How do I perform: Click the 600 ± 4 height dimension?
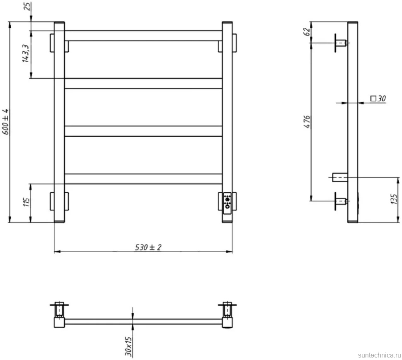[6, 122]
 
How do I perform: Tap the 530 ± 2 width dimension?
[148, 247]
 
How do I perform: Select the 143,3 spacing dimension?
[25, 53]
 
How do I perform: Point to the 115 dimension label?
[27, 202]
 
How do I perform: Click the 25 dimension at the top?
[27, 6]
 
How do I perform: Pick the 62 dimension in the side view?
[307, 32]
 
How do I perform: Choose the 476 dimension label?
[307, 122]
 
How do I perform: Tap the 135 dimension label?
[394, 199]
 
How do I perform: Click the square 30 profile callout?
[378, 99]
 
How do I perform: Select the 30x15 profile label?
[128, 346]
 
